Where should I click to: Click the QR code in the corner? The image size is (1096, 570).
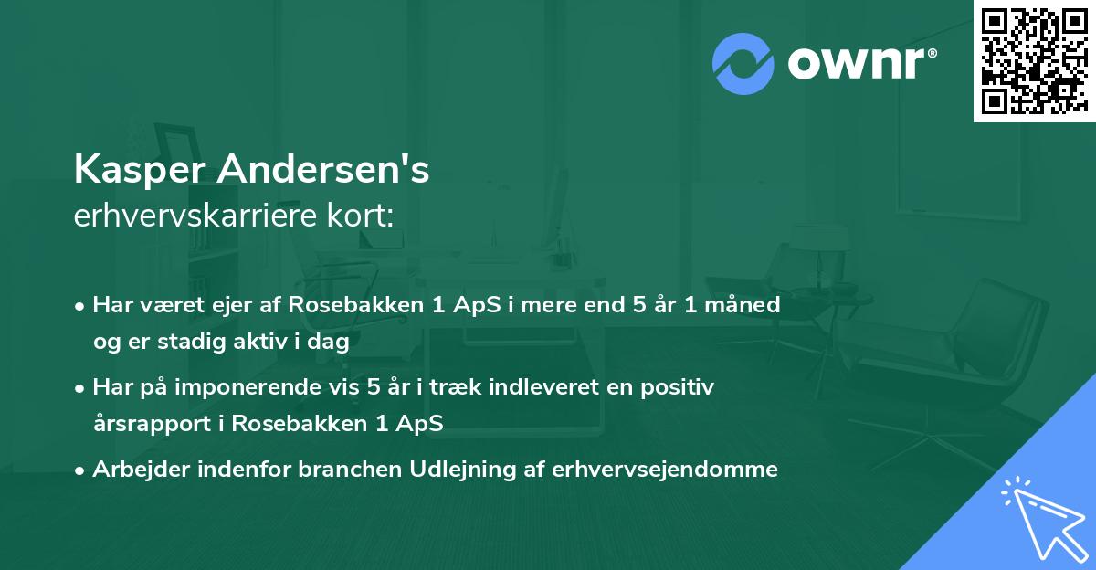(1034, 61)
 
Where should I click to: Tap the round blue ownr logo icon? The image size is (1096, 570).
(743, 63)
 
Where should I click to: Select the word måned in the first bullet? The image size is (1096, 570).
(747, 305)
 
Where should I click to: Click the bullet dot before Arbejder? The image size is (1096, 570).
(81, 470)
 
